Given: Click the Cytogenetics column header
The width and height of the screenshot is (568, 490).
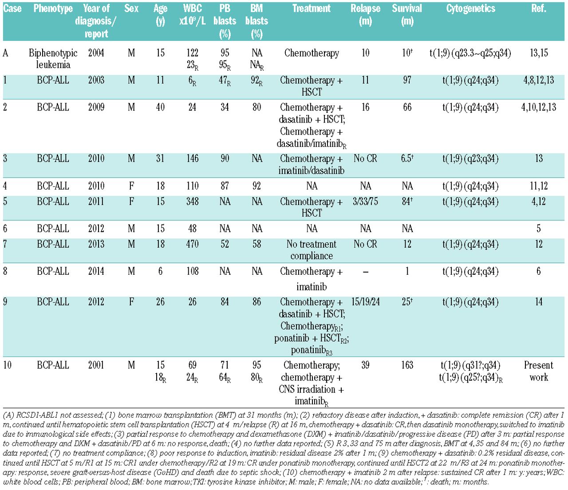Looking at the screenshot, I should [x=470, y=9].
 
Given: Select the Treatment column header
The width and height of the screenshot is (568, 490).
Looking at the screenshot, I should [x=312, y=9].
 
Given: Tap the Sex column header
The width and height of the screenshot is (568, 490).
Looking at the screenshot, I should [x=131, y=9].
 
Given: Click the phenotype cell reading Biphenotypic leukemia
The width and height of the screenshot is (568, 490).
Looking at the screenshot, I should [x=53, y=59].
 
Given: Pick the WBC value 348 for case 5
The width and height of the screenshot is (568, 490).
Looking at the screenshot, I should [x=192, y=202].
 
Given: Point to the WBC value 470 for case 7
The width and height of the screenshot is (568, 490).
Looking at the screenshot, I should [x=192, y=244].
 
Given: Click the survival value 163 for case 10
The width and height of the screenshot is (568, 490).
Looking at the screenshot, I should [x=407, y=365].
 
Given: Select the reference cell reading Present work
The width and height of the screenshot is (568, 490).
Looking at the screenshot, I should [x=538, y=371].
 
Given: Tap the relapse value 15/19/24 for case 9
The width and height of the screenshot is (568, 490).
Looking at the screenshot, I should [x=365, y=302].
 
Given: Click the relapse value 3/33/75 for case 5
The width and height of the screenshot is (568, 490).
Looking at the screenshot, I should [x=365, y=202].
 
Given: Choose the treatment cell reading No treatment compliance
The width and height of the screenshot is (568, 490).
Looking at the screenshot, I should [x=312, y=250].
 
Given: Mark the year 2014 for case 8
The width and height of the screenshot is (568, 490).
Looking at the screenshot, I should [x=96, y=271].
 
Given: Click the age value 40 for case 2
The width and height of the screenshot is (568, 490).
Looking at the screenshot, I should [x=160, y=107].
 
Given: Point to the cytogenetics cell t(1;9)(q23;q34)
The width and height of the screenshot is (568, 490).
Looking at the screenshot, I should [x=470, y=159].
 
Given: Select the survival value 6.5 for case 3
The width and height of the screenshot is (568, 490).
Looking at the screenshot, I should [x=407, y=159].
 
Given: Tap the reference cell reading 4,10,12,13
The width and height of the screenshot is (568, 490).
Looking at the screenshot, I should [x=538, y=107].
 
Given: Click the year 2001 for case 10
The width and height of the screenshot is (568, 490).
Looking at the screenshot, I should [x=96, y=365].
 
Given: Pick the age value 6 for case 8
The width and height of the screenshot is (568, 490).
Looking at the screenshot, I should [x=160, y=271].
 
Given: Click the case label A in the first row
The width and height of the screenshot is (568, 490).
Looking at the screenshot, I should [x=5, y=53].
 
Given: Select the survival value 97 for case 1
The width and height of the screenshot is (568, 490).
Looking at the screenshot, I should [x=407, y=80].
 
